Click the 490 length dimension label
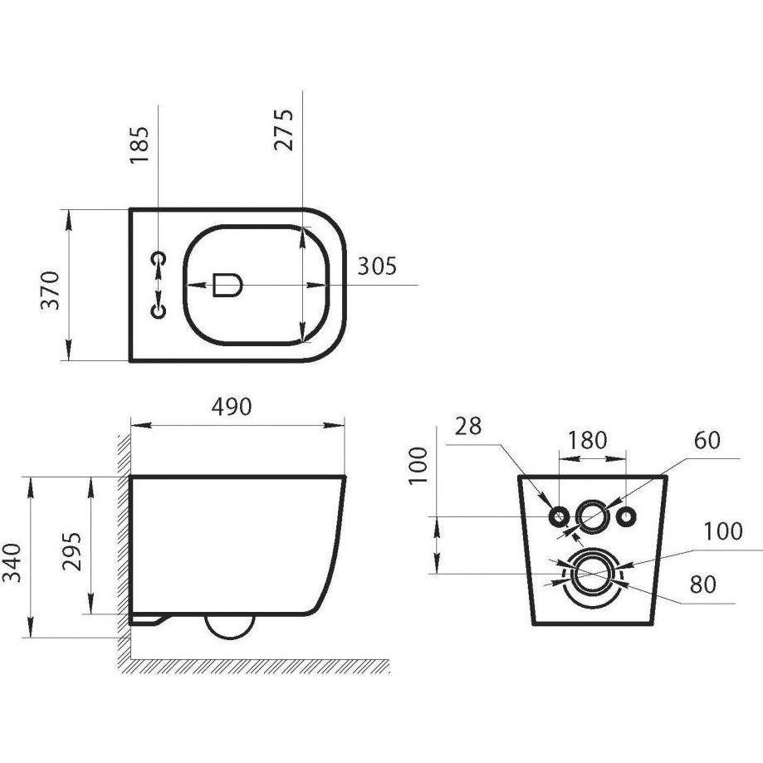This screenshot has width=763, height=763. (232, 407)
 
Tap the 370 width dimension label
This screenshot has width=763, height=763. (50, 291)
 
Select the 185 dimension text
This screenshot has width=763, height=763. (139, 145)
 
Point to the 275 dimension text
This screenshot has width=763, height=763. (284, 130)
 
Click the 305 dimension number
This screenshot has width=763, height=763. (377, 266)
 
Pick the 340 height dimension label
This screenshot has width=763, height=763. (12, 563)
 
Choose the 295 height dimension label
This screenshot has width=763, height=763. (71, 552)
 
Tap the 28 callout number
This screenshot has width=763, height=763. (468, 426)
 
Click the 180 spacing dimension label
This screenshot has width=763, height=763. (588, 440)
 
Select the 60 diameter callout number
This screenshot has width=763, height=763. (707, 440)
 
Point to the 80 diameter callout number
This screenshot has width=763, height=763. (702, 584)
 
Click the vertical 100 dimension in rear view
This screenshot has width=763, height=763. (418, 465)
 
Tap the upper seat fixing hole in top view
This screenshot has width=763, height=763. (159, 258)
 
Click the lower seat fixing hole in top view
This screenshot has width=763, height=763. (159, 311)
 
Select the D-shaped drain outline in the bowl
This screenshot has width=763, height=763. (227, 285)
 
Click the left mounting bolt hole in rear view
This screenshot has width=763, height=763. (559, 516)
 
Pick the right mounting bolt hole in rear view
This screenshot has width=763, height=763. (625, 516)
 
